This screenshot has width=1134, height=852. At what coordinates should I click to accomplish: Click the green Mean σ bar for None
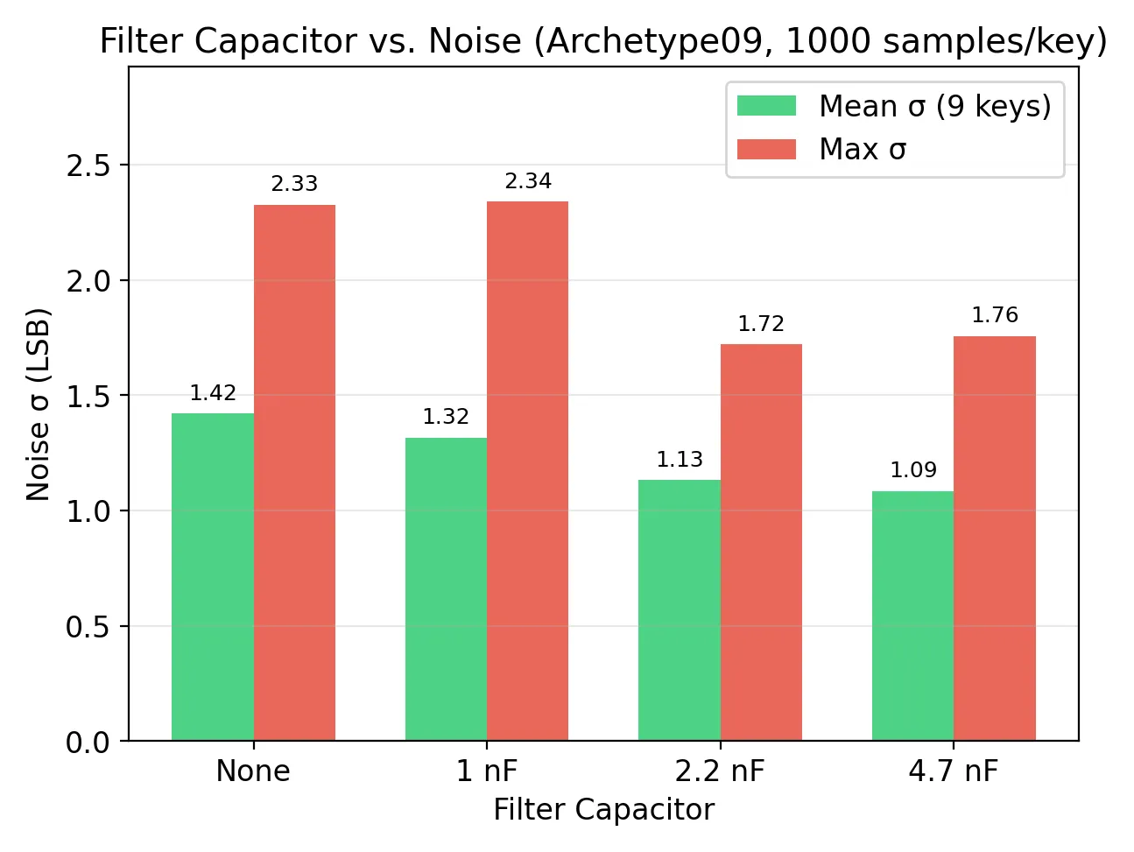coord(212,577)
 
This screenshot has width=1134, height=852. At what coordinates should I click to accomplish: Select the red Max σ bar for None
coord(294,473)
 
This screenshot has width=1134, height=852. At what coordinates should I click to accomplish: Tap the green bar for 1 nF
coord(446,589)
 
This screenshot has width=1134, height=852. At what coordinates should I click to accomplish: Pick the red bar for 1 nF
coord(527,471)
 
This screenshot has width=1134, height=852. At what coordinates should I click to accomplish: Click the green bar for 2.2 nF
coord(680,610)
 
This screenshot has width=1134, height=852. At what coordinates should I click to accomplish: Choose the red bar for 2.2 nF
coord(762,542)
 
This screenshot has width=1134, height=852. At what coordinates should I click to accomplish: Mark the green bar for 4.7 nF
coord(912,616)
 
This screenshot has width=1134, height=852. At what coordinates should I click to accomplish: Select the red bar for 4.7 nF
coord(995,539)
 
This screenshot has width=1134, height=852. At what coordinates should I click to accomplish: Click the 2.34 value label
coord(528,181)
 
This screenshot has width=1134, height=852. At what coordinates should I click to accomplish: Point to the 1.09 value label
coord(913,470)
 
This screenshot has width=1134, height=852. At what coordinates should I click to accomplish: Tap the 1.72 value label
coord(761,324)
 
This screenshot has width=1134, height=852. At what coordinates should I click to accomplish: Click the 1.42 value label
coord(213,393)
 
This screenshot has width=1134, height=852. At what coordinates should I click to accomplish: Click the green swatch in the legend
coord(766,105)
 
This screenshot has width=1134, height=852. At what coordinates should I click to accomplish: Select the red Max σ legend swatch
coord(766,149)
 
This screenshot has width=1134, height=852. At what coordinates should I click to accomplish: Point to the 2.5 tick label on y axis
coord(88,165)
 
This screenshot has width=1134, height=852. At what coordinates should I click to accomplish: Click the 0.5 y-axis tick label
coord(88,627)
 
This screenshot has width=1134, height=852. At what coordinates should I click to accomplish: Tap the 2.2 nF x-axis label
coord(720,771)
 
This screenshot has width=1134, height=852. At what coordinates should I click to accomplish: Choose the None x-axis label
coord(253,771)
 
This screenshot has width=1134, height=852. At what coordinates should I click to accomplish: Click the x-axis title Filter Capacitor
coord(604,810)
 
